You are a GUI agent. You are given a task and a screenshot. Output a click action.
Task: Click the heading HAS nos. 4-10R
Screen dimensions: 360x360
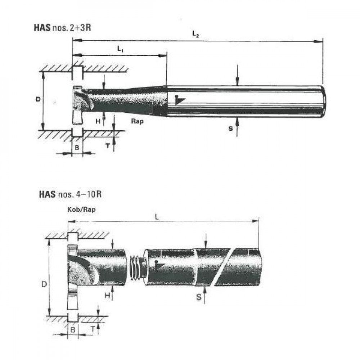point(70,195)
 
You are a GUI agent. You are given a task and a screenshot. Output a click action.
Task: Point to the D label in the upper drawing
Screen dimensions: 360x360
point(38,99)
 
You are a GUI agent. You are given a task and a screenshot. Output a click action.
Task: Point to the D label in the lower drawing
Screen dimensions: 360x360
point(44,284)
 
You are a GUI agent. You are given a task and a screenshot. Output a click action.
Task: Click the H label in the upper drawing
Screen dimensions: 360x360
point(98,121)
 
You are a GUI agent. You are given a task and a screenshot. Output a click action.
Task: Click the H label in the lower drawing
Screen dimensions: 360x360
point(107,295)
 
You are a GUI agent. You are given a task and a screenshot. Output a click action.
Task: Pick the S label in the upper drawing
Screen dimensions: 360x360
point(231,128)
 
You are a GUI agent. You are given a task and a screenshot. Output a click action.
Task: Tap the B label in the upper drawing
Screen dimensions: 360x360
point(77,147)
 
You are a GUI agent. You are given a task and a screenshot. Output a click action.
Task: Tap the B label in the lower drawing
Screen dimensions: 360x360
point(73,329)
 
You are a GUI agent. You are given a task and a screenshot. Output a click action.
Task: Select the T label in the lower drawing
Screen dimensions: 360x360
point(93,329)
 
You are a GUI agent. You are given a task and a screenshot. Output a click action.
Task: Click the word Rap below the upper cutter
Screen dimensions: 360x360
point(137,121)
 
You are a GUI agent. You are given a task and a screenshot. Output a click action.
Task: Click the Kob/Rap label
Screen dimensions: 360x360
point(81,210)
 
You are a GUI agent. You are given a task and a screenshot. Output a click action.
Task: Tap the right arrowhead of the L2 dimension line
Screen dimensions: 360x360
point(319,42)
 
